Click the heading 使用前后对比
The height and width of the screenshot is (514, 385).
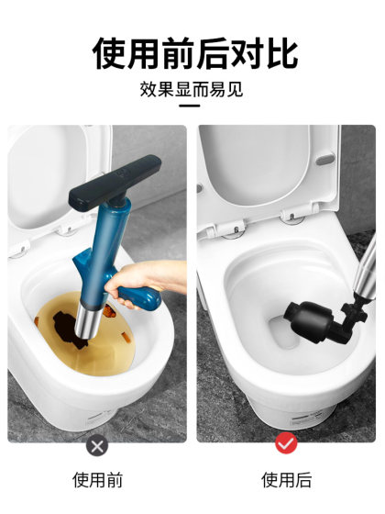pyautogui.click(x=194, y=52)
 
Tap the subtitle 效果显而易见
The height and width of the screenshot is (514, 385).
pyautogui.click(x=192, y=90)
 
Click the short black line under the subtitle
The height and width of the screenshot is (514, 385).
pyautogui.click(x=192, y=107)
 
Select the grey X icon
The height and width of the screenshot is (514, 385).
pyautogui.click(x=97, y=446)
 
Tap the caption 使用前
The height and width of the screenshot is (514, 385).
pyautogui.click(x=97, y=480)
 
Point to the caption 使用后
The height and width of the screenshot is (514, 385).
pyautogui.click(x=286, y=480)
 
